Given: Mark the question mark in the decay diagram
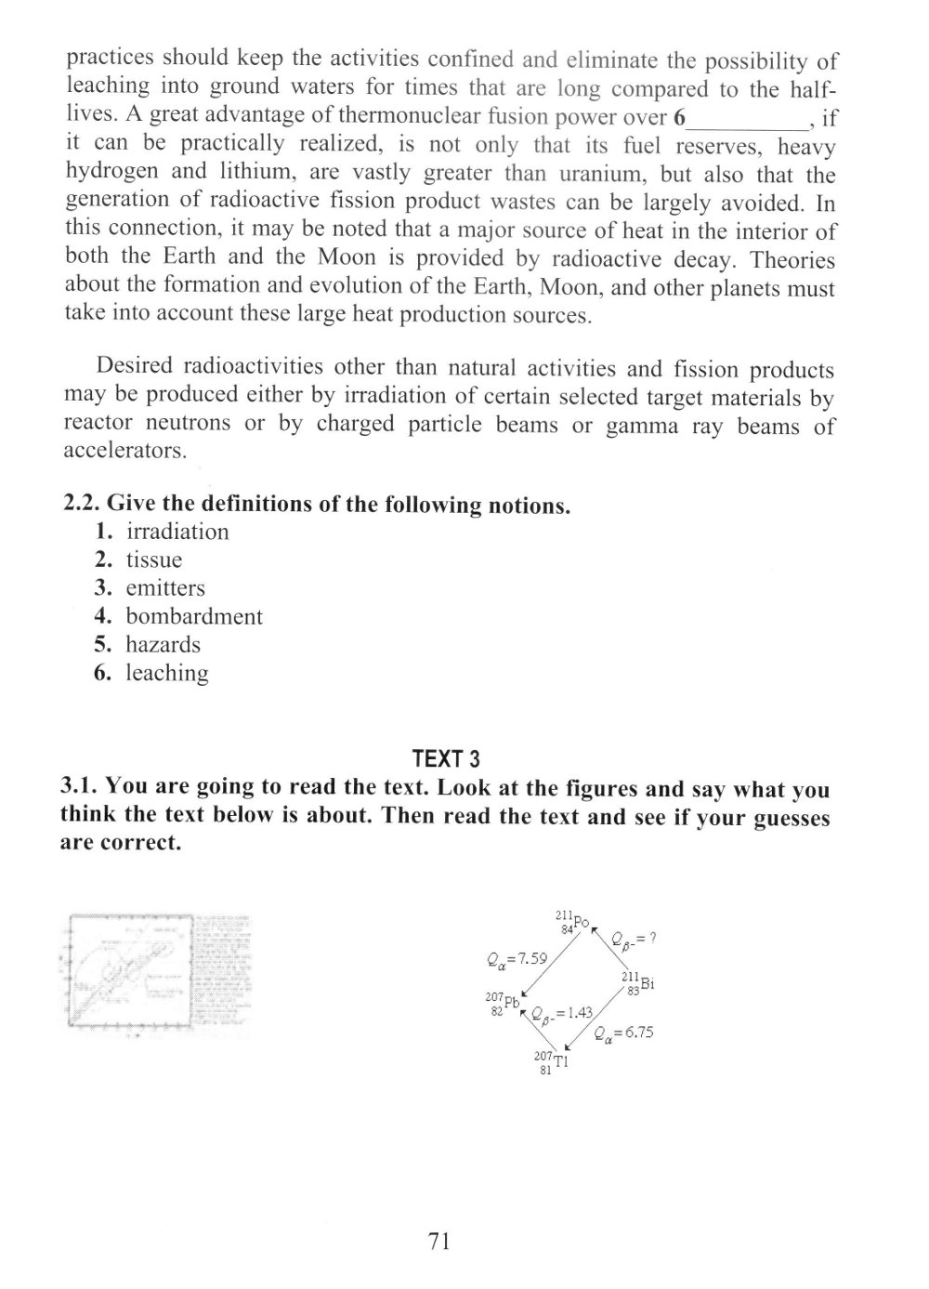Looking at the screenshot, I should pyautogui.click(x=653, y=938).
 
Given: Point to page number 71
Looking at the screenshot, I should pyautogui.click(x=440, y=1241).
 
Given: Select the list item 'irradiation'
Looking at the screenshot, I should pyautogui.click(x=177, y=532).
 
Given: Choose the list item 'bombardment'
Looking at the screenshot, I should pyautogui.click(x=194, y=616).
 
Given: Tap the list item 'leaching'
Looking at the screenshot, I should pyautogui.click(x=167, y=673).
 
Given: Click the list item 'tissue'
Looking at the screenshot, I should pyautogui.click(x=154, y=559).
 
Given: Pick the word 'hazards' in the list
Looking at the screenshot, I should pyautogui.click(x=164, y=644).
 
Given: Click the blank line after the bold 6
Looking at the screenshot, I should pyautogui.click(x=750, y=121).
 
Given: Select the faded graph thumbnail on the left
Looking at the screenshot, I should pyautogui.click(x=158, y=974).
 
